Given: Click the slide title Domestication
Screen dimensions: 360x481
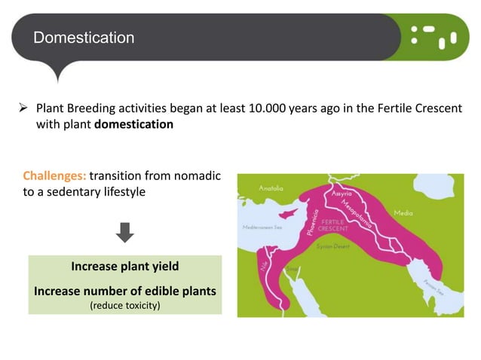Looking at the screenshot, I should (x=84, y=37).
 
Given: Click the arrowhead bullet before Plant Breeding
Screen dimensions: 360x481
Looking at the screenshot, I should (x=23, y=109).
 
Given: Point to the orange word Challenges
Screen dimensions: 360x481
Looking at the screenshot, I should (x=54, y=176).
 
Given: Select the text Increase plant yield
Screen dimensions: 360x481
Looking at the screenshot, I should (x=124, y=267).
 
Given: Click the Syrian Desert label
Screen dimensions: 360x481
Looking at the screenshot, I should (x=332, y=246).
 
